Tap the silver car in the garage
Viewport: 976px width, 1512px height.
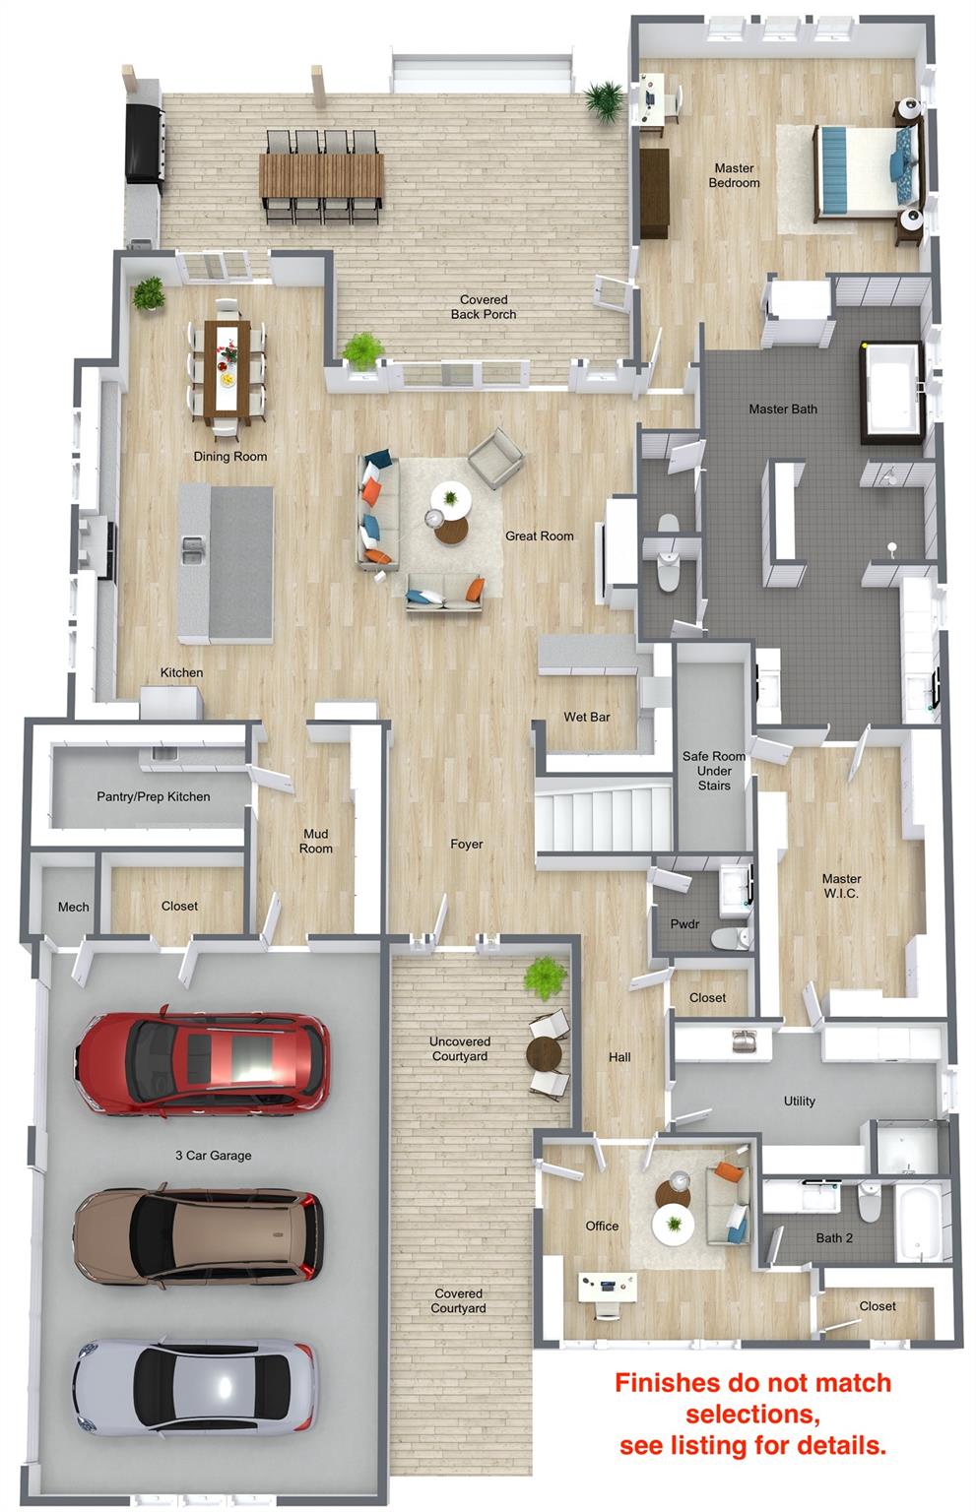click(195, 1394)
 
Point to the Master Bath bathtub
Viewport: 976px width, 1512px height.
click(891, 394)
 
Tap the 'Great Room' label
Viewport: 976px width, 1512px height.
click(539, 535)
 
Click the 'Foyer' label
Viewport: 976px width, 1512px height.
click(466, 844)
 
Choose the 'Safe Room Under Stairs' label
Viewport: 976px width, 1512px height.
click(714, 771)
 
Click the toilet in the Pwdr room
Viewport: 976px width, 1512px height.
click(730, 937)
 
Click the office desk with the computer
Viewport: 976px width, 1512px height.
click(607, 1286)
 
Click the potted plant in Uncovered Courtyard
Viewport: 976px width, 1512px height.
click(545, 977)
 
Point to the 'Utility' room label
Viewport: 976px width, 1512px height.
click(799, 1101)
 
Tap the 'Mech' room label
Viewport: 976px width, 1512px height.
click(73, 908)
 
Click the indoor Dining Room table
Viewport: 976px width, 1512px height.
click(228, 368)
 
